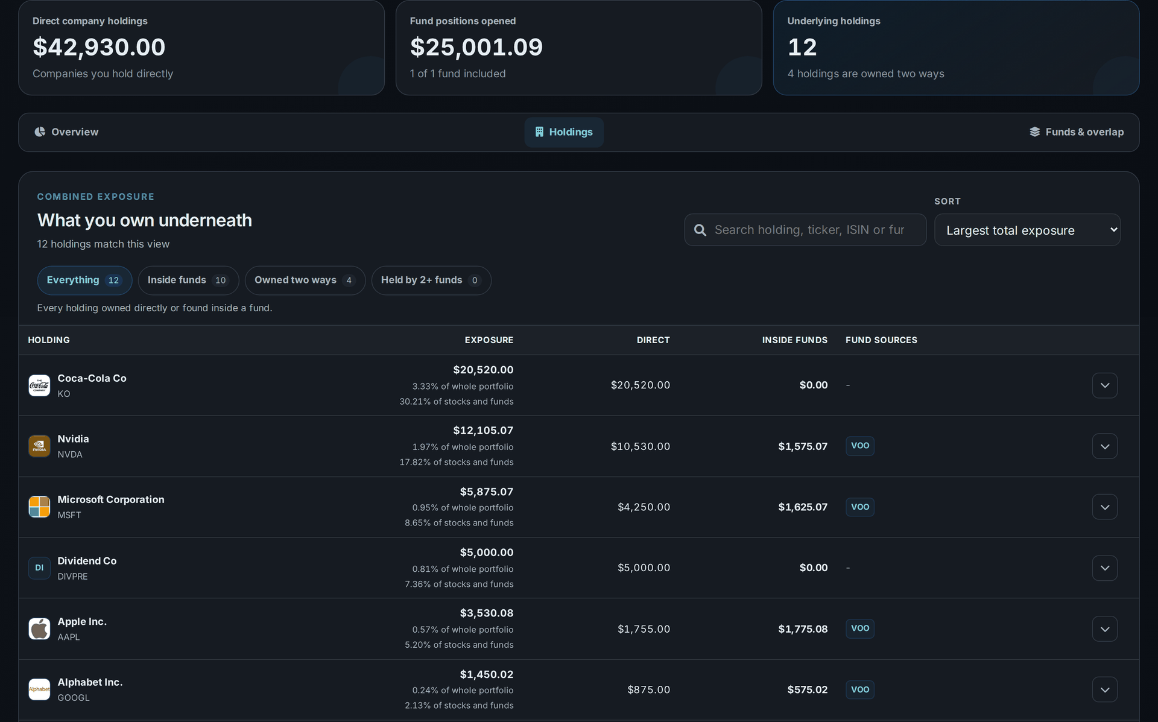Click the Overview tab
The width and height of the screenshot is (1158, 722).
click(66, 132)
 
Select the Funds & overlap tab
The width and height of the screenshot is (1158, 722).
click(1077, 132)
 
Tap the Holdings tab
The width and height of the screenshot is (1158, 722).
click(564, 132)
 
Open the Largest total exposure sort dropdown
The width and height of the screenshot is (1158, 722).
click(1028, 230)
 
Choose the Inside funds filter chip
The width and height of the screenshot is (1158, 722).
click(188, 280)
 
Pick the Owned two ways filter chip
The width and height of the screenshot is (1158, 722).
click(305, 280)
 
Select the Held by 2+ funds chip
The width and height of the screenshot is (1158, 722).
click(431, 280)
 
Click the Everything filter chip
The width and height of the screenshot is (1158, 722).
click(84, 280)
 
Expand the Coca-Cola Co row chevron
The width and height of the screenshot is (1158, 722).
click(1105, 385)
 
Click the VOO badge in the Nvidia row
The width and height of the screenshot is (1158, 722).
click(860, 446)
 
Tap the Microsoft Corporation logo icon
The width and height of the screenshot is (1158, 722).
click(39, 507)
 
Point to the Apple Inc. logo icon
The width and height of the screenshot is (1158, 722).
click(39, 629)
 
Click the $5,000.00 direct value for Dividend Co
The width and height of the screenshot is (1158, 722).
click(644, 568)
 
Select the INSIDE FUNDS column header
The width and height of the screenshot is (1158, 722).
click(794, 340)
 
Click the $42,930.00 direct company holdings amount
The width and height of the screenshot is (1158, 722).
click(99, 47)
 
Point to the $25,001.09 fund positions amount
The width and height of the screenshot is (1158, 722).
click(476, 47)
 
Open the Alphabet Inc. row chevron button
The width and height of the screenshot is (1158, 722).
click(1105, 690)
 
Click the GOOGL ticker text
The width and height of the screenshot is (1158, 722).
click(74, 698)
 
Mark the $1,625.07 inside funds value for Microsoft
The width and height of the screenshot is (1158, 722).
click(803, 507)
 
